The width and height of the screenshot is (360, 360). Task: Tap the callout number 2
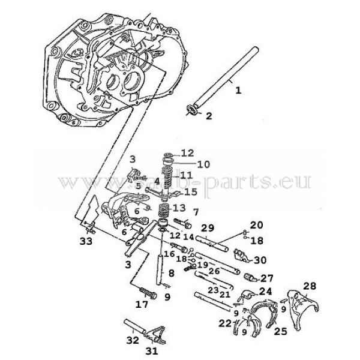[209, 116]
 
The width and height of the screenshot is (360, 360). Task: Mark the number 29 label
[207, 229]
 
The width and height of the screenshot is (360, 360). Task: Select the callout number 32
[133, 340]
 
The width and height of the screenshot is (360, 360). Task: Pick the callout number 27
[266, 278]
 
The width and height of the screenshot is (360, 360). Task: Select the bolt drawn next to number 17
[148, 293]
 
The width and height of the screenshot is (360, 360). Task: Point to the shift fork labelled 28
[295, 303]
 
